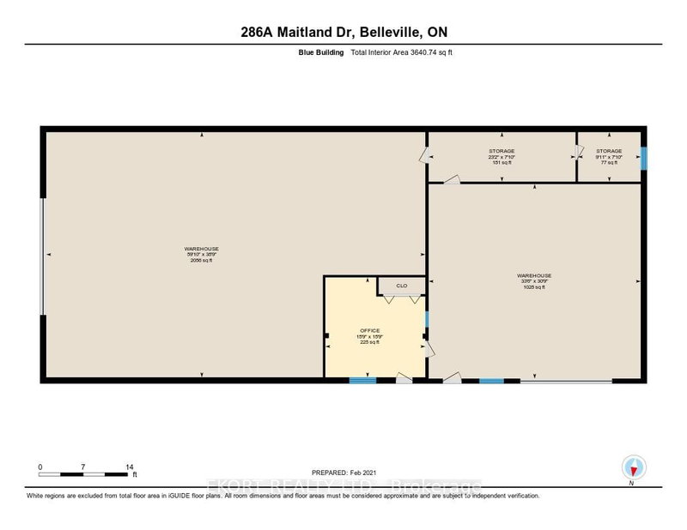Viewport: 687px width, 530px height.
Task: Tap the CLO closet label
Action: [401, 286]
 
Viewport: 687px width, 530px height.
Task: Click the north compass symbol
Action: [633, 467]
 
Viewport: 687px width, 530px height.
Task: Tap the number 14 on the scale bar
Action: [130, 467]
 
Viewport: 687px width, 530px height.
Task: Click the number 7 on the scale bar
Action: [83, 467]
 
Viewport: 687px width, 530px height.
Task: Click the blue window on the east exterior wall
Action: [645, 157]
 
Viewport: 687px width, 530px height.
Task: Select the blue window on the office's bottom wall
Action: [362, 380]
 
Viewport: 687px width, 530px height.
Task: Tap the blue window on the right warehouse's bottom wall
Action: [491, 380]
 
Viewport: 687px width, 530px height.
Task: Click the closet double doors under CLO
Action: [401, 299]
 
